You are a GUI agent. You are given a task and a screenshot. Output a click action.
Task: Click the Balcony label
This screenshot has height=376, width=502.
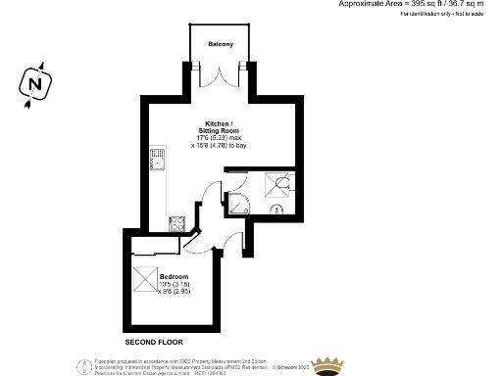click(220, 45)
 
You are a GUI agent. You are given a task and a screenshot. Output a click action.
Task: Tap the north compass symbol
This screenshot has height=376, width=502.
click(35, 85)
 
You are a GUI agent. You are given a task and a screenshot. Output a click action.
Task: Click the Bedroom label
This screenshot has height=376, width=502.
click(174, 276)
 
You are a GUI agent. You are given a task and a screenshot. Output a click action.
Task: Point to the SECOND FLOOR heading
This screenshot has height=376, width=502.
click(155, 344)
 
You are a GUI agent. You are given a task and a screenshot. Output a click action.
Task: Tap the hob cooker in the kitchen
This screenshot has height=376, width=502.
click(177, 222)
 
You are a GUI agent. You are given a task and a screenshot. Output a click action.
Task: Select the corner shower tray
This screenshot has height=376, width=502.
click(239, 202)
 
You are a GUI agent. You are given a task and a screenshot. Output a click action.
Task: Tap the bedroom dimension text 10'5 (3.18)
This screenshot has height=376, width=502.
click(175, 284)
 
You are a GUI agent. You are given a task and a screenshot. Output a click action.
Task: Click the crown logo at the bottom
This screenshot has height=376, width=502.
click(328, 363)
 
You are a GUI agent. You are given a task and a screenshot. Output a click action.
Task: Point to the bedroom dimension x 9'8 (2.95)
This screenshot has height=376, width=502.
click(175, 291)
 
